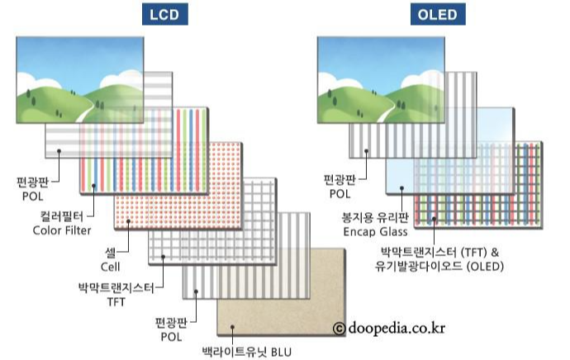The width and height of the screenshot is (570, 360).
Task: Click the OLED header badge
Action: click(x=435, y=16)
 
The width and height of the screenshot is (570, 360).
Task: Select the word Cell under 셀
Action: click(x=110, y=267)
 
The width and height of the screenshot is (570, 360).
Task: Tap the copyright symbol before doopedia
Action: click(x=339, y=329)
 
